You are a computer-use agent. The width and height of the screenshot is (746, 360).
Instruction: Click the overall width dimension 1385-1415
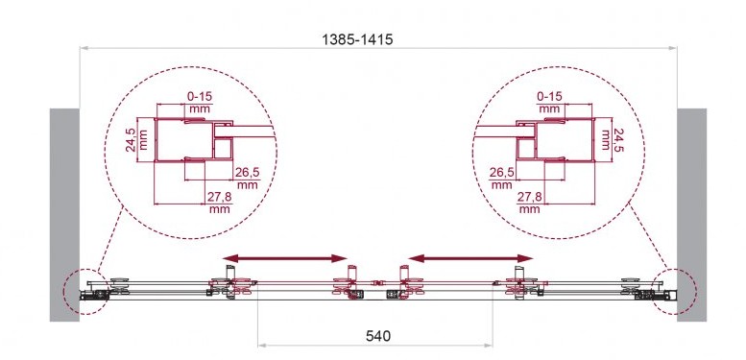click(357, 39)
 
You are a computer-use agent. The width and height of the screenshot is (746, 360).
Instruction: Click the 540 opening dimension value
click(378, 336)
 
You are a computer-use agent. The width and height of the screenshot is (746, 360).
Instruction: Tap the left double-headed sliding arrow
click(285, 258)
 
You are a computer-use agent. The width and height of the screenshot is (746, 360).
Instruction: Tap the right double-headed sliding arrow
click(470, 258)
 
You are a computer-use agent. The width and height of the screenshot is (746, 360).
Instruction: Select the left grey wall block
click(64, 214)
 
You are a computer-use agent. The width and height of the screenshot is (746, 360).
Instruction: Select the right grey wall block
click(692, 214)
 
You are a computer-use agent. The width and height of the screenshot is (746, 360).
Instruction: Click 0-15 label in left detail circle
click(200, 97)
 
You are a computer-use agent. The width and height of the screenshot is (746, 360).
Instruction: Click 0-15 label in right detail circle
click(549, 97)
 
